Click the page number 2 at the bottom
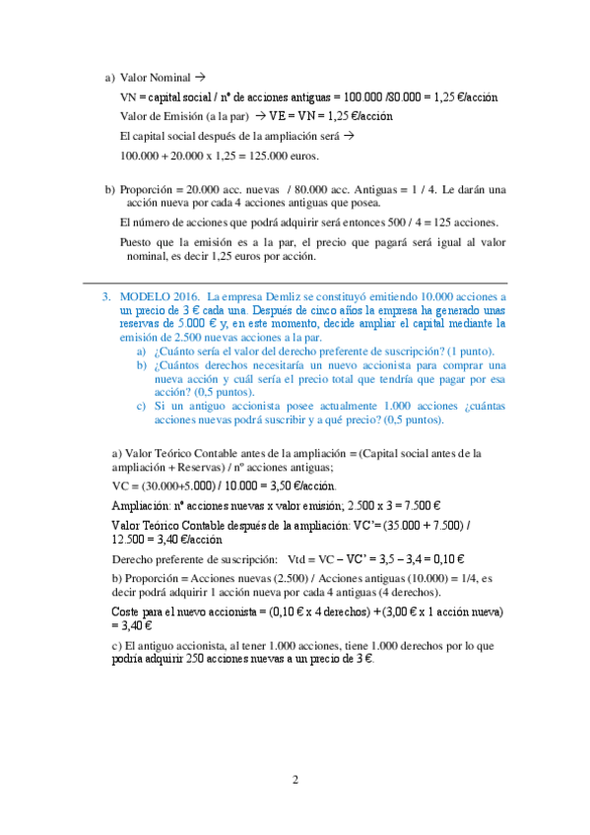point(295,781)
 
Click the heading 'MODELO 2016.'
point(157,295)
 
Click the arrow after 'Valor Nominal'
point(199,77)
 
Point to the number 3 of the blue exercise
point(105,295)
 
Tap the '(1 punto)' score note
point(471,352)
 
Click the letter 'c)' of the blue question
point(143,406)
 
